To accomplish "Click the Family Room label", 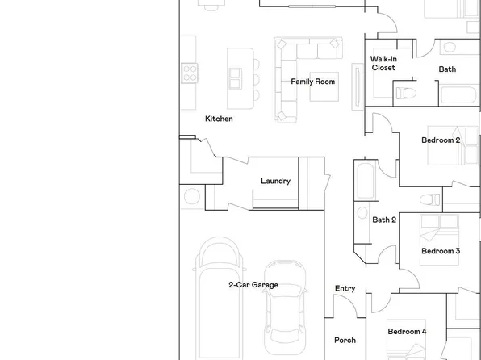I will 313,82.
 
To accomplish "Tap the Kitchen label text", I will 219,119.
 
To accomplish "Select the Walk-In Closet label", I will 383,64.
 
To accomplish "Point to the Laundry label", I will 275,181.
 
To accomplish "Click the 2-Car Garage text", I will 253,285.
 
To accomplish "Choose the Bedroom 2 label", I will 441,140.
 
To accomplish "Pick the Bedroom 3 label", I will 441,251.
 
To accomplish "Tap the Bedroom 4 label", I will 407,332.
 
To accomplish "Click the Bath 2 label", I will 384,220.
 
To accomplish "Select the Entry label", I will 345,289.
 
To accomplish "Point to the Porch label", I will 345,340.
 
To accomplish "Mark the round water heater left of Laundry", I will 192,196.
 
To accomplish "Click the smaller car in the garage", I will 285,303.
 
